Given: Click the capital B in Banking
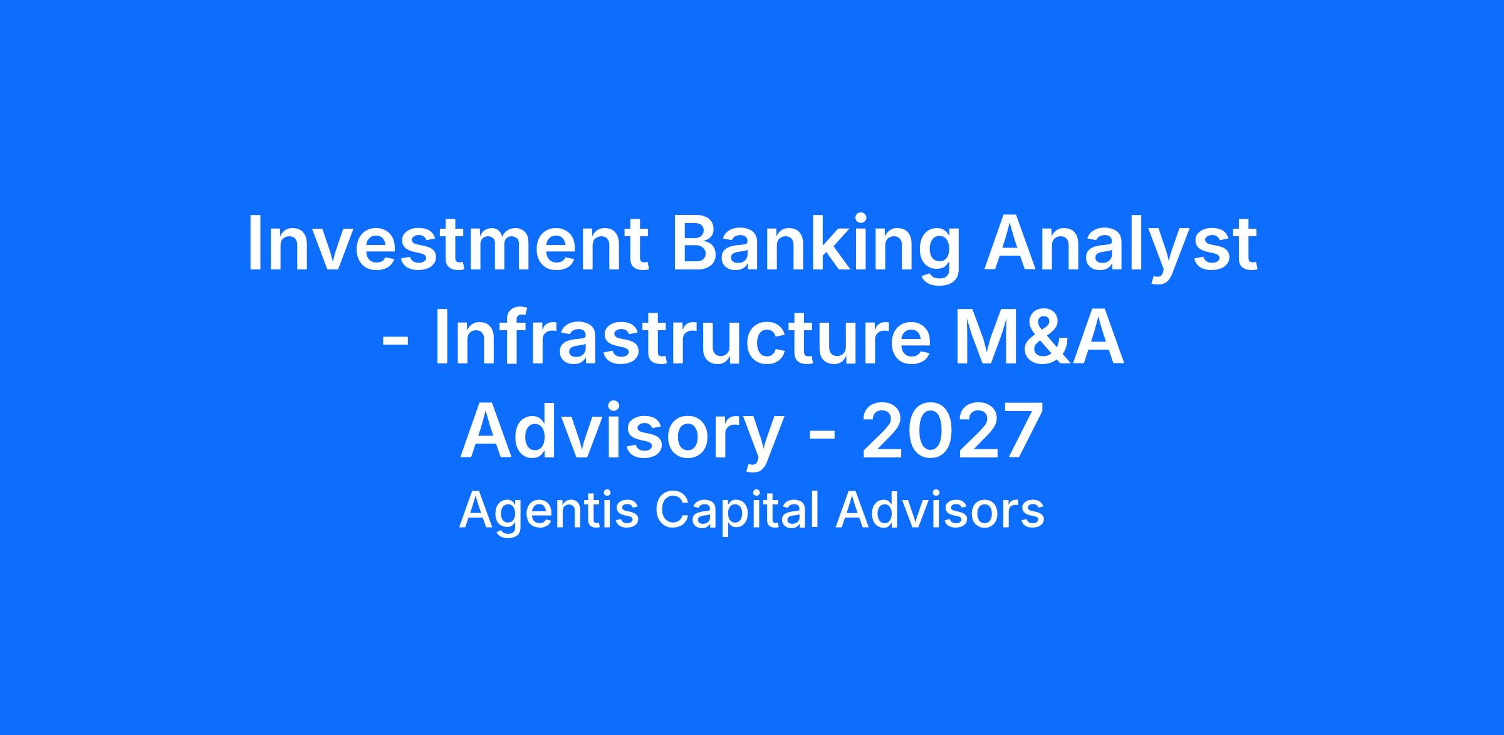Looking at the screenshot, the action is [x=695, y=243].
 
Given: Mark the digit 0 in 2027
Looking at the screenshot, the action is [x=929, y=431].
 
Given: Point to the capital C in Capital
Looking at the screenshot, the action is [x=675, y=510].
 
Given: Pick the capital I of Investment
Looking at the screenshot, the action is [x=254, y=243].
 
